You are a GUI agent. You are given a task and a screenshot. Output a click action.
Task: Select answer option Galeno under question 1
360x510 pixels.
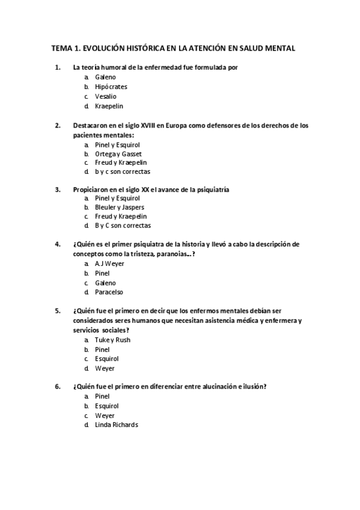105,78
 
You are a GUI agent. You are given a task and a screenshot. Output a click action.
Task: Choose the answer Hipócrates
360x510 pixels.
111,87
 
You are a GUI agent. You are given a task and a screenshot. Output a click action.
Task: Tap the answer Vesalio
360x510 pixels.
106,96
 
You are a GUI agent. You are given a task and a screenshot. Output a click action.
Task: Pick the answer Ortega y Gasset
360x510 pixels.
118,154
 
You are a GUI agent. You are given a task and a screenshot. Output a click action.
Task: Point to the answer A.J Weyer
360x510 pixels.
109,264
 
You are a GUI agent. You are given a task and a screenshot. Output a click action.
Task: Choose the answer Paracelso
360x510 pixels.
109,292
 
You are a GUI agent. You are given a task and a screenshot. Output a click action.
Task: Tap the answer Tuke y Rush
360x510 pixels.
112,340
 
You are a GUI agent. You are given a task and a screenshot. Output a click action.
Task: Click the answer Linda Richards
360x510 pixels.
116,425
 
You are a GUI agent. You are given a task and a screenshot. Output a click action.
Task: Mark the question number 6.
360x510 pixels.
57,387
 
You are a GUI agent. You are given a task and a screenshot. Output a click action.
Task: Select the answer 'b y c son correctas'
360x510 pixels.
122,172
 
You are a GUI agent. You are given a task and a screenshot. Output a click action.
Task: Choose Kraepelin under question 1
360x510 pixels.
109,106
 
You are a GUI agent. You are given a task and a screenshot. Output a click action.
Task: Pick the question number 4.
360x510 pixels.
57,244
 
